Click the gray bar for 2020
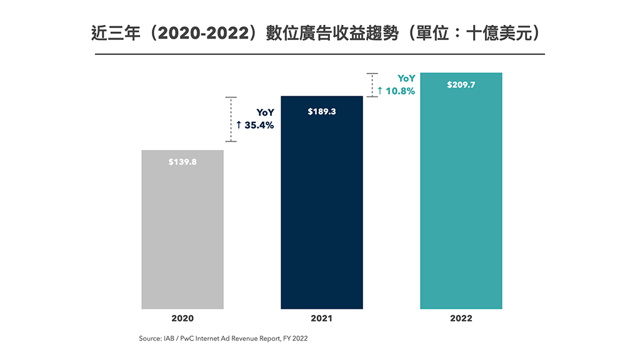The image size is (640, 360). [x=182, y=237]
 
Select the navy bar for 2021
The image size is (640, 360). [x=322, y=212]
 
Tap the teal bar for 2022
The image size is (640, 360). [x=461, y=200]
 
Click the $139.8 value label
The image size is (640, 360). [x=182, y=162]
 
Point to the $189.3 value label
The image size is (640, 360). [x=322, y=112]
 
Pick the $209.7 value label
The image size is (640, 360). [x=461, y=85]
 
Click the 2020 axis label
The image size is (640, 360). [x=182, y=318]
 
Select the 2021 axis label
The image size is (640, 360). [x=322, y=318]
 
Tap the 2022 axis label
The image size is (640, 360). [x=461, y=318]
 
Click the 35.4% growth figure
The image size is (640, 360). [x=258, y=125]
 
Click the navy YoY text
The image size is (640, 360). [x=265, y=112]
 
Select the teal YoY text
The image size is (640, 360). [x=406, y=79]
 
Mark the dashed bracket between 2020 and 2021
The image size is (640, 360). [x=231, y=119]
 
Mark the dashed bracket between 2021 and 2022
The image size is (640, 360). [x=372, y=85]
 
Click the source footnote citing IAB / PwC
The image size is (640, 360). [x=223, y=338]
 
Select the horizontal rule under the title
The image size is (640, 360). [x=319, y=54]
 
